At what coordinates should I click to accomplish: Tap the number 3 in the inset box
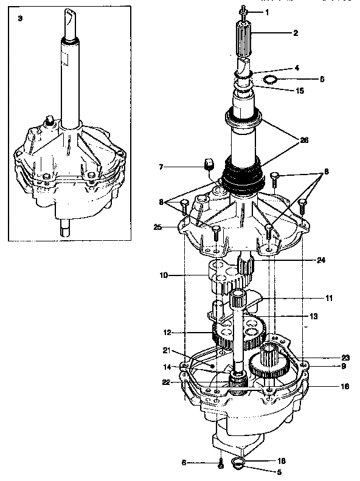pyautogui.click(x=20, y=19)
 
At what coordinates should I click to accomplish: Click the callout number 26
pyautogui.click(x=303, y=139)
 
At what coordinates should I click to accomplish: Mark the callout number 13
pyautogui.click(x=314, y=316)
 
